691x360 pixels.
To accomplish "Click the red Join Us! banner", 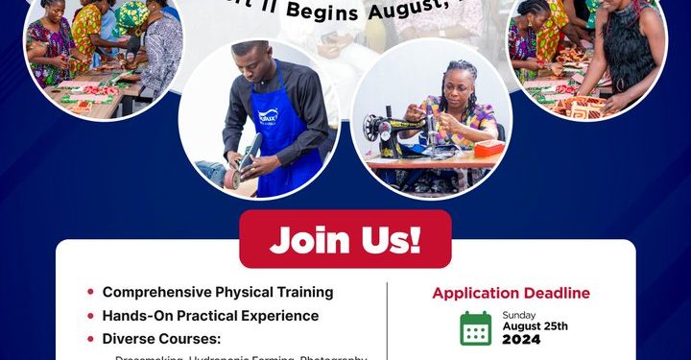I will [x=345, y=239].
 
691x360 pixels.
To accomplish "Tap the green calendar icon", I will [x=475, y=328].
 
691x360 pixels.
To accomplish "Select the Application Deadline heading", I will [x=511, y=293].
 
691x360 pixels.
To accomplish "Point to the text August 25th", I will [x=536, y=325].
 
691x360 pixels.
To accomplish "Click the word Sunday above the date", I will [x=518, y=314].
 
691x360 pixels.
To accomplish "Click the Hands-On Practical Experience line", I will [x=210, y=315].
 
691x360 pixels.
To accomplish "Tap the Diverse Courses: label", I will [x=160, y=338].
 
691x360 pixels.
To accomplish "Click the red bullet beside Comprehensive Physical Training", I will [x=90, y=292].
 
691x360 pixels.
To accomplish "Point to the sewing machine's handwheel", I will [x=369, y=126].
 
